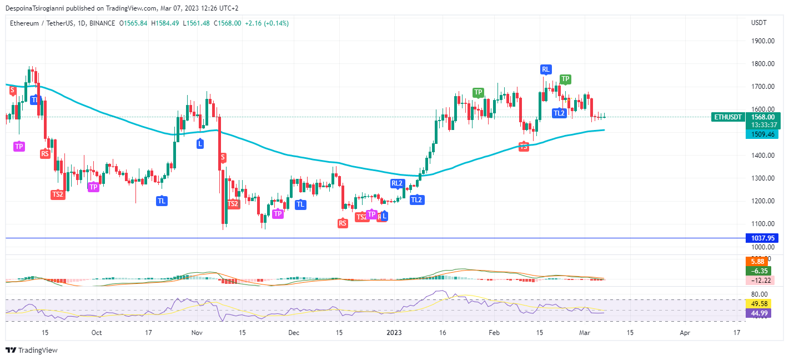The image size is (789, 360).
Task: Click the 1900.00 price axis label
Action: [762, 41]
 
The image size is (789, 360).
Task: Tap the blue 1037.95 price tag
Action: [762, 238]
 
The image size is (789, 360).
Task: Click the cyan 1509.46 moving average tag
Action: [762, 134]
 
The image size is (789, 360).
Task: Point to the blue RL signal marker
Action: [545, 69]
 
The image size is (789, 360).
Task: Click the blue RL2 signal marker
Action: [396, 183]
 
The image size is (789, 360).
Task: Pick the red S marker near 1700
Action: [12, 90]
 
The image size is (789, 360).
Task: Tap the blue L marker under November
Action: [200, 144]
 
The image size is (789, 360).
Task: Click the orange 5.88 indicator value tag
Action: [758, 262]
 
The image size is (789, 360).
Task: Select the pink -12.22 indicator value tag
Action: [760, 280]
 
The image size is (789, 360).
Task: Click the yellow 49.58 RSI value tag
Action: [759, 304]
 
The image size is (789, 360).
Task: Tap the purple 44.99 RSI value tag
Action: [759, 313]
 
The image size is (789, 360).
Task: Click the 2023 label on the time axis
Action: [394, 333]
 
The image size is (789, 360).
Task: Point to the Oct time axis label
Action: [97, 333]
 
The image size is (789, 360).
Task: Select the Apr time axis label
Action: [685, 333]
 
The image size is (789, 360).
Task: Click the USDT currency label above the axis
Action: [758, 23]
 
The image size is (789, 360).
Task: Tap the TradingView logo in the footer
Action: [32, 351]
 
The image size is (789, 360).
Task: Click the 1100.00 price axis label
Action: [762, 224]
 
